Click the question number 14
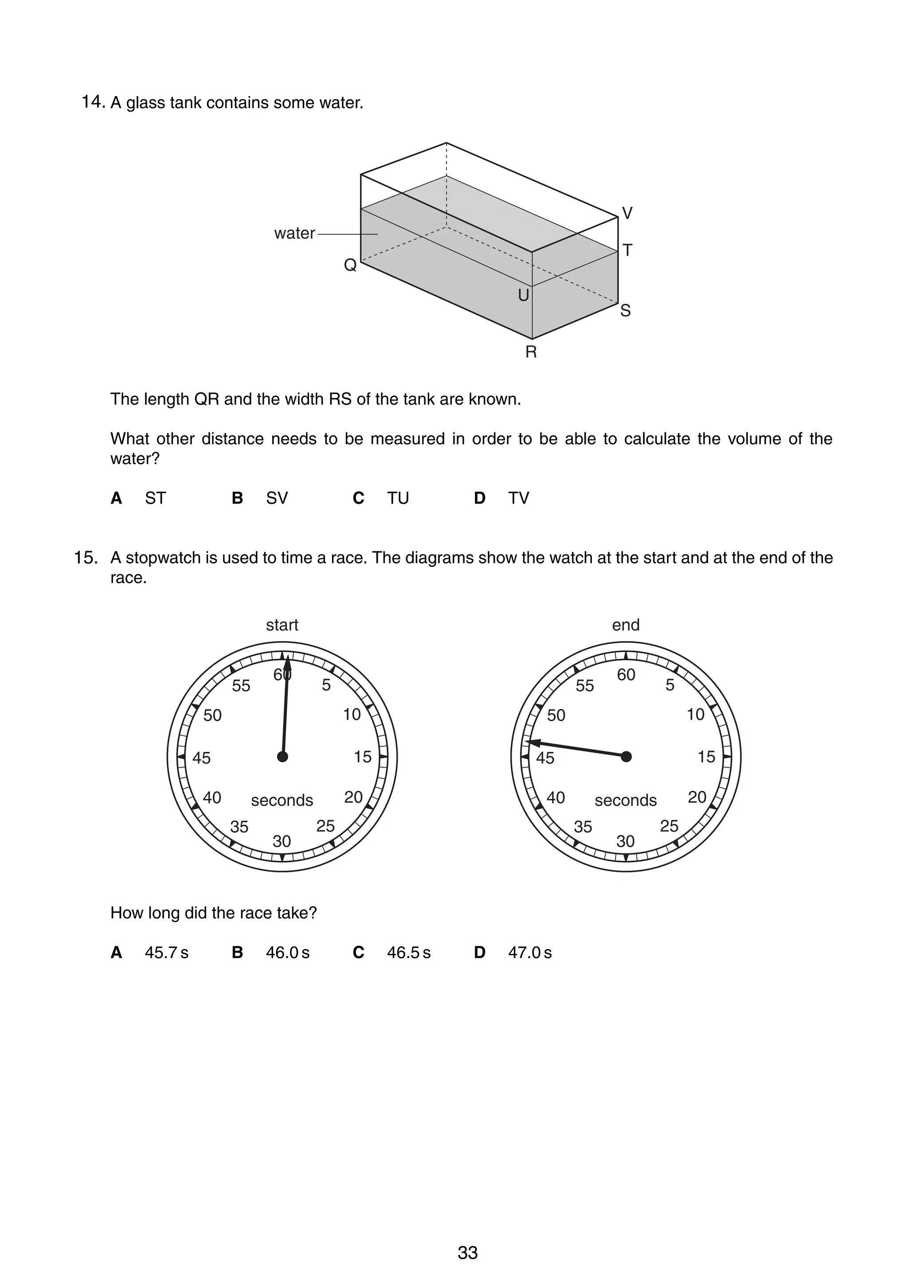pos(93,102)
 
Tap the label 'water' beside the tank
pos(294,233)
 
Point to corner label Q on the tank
pos(350,265)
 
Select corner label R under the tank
pos(531,352)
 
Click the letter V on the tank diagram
pos(627,213)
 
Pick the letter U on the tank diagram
pos(523,295)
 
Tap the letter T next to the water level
pos(627,250)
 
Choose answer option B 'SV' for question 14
pos(276,498)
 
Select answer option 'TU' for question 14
pos(398,498)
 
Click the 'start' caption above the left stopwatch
pos(282,625)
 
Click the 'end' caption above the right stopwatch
pos(626,625)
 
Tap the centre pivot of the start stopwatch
pos(282,757)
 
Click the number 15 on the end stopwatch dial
pos(706,757)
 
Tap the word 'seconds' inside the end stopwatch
pos(626,800)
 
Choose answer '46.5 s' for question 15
pos(408,953)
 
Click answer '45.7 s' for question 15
pos(166,953)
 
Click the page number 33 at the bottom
pos(468,1253)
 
